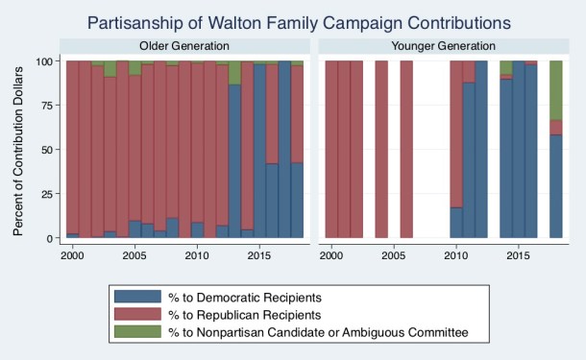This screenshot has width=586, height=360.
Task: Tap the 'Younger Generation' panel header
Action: coord(445,45)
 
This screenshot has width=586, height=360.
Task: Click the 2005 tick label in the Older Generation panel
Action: coord(134,257)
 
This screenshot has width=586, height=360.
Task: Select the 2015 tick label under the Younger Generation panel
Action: coord(518,257)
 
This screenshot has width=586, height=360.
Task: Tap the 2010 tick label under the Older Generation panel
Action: coord(197,257)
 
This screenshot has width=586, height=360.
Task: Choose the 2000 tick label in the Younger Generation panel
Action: coord(331,257)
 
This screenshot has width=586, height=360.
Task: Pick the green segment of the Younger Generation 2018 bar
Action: coord(555,90)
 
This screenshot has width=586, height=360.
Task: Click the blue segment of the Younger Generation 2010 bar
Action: coord(456,223)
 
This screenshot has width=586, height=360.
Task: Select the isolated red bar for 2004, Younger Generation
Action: coord(381,149)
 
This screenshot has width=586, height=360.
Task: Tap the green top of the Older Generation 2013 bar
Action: coord(234,72)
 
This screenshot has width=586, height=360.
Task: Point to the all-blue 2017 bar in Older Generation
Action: coord(284,149)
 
